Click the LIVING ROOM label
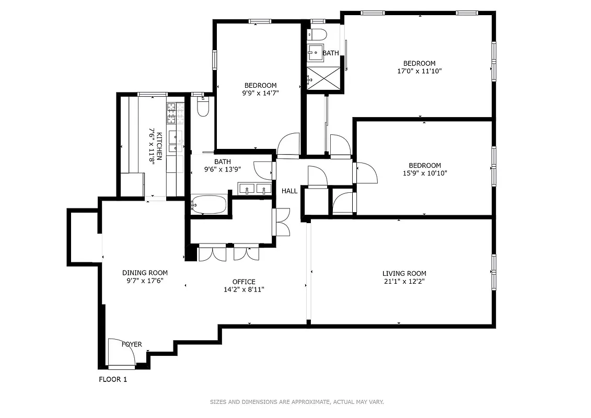point(404,273)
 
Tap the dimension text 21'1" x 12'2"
point(404,282)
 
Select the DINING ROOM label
point(145,272)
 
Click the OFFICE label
point(244,282)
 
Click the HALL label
point(289,191)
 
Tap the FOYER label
point(132,344)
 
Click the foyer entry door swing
point(121,352)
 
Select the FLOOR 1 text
point(113,379)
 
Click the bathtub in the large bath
point(208,204)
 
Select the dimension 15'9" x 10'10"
point(424,173)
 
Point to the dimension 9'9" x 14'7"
point(260,94)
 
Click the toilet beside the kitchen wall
point(203,108)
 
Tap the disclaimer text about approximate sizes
point(297,402)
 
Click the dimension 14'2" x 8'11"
point(244,289)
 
